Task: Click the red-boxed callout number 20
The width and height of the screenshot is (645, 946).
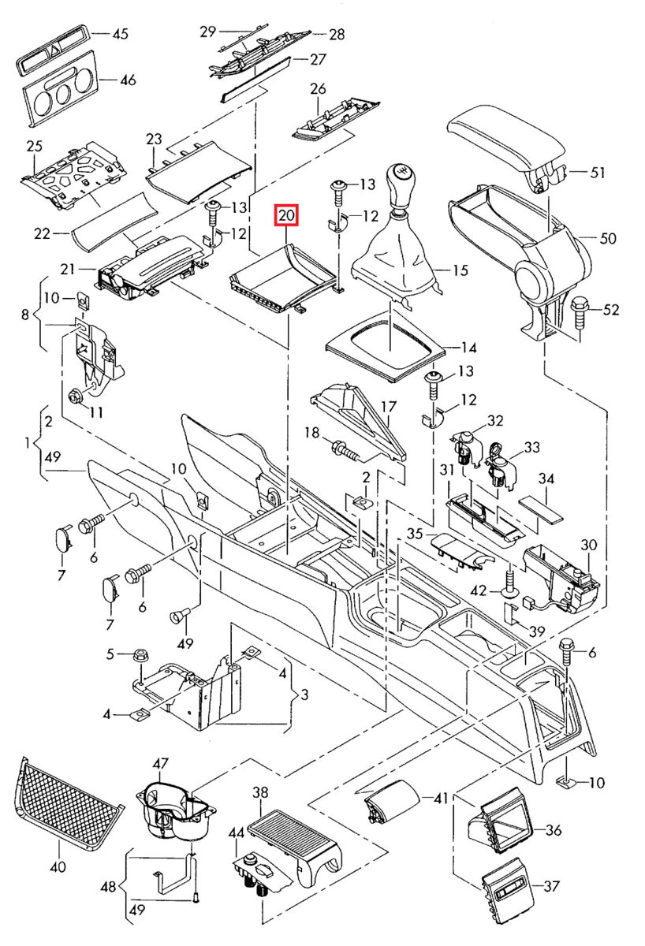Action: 286,215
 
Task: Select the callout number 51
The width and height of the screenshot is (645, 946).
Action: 597,173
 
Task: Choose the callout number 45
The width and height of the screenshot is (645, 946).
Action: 121,33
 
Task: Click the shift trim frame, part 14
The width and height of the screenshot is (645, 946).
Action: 386,347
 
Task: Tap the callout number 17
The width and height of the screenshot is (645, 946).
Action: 389,407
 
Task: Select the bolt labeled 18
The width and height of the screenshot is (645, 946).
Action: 346,450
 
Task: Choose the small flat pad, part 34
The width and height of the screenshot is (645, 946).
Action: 541,510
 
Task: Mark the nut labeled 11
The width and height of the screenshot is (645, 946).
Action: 76,396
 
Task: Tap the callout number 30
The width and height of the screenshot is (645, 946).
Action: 589,545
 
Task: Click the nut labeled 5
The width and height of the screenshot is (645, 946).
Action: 140,655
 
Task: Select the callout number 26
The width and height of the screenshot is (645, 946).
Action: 318,88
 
